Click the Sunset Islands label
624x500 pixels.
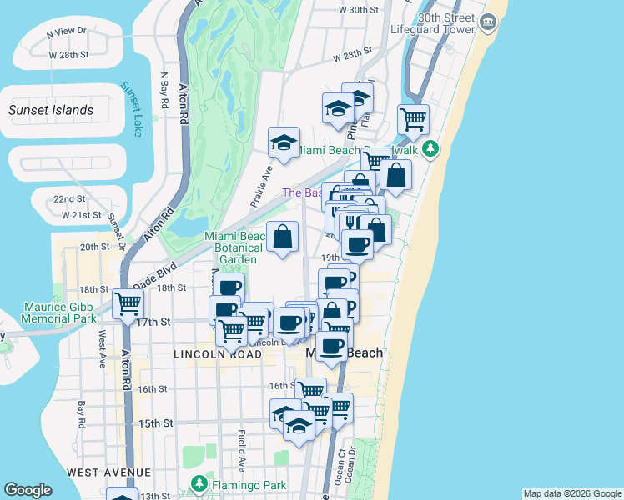point(51,110)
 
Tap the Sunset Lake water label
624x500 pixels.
point(132,108)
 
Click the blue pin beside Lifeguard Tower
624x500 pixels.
point(488,25)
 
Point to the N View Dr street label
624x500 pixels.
point(67,31)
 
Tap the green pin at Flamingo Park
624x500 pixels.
point(199,483)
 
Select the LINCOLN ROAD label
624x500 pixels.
point(217,354)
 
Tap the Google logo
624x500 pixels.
point(28,490)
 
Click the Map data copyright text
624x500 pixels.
point(571,493)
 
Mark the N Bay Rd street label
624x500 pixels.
point(165,91)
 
